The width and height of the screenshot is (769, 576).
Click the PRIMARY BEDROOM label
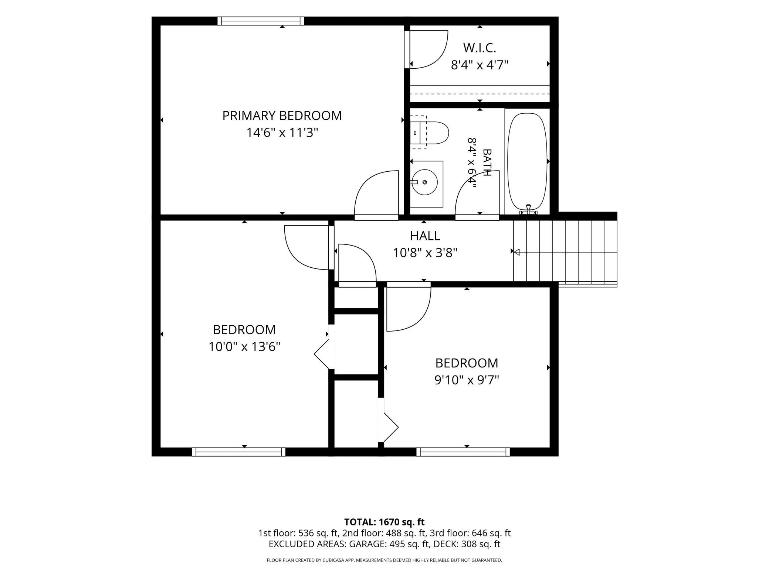click(282, 116)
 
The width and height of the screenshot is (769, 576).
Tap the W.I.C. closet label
click(480, 48)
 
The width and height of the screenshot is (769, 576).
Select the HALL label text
click(425, 236)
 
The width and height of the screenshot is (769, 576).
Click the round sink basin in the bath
click(425, 182)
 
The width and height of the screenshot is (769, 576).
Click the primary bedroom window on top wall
click(261, 21)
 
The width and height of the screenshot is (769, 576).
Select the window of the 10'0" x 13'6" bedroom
click(239, 452)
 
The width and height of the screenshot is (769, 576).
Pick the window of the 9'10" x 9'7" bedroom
click(463, 452)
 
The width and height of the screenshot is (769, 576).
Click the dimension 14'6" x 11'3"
click(282, 133)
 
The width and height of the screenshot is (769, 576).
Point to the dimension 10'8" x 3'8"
click(425, 253)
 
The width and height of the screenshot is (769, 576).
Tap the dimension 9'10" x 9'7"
click(467, 380)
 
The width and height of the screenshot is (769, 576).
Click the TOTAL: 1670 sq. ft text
click(384, 522)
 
